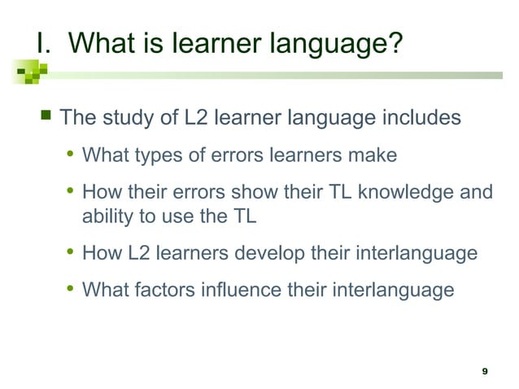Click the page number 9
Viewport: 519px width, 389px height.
pos(485,371)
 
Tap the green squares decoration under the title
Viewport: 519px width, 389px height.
pos(31,74)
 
